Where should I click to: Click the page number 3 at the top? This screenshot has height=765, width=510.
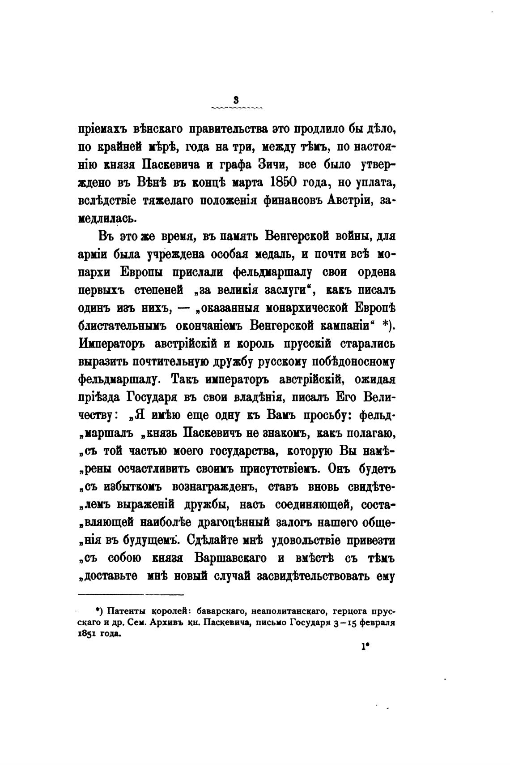pyautogui.click(x=236, y=100)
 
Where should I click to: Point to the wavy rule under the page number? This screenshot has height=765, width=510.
pyautogui.click(x=236, y=107)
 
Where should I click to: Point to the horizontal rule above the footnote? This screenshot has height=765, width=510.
pyautogui.click(x=131, y=595)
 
